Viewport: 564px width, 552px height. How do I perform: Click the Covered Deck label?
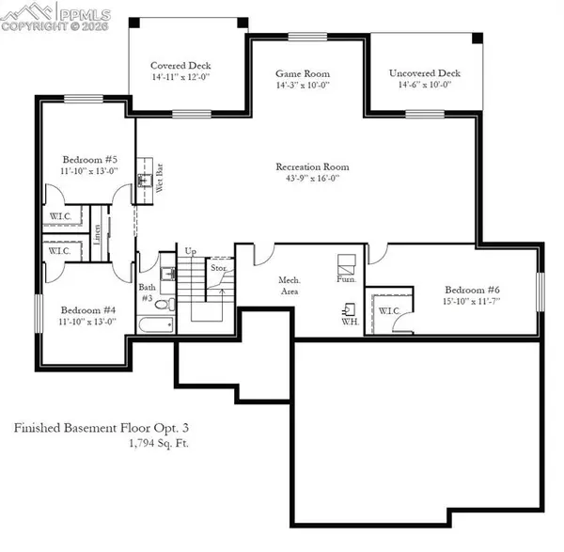point(173,66)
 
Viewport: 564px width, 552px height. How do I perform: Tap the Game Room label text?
point(303,73)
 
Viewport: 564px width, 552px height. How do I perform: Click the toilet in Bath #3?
point(161,305)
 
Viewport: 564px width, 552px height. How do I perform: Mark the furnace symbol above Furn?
point(346,262)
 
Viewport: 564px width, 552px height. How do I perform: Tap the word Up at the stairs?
point(190,251)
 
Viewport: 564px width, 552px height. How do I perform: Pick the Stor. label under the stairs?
point(218,268)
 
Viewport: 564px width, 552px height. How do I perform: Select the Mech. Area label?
point(289,285)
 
